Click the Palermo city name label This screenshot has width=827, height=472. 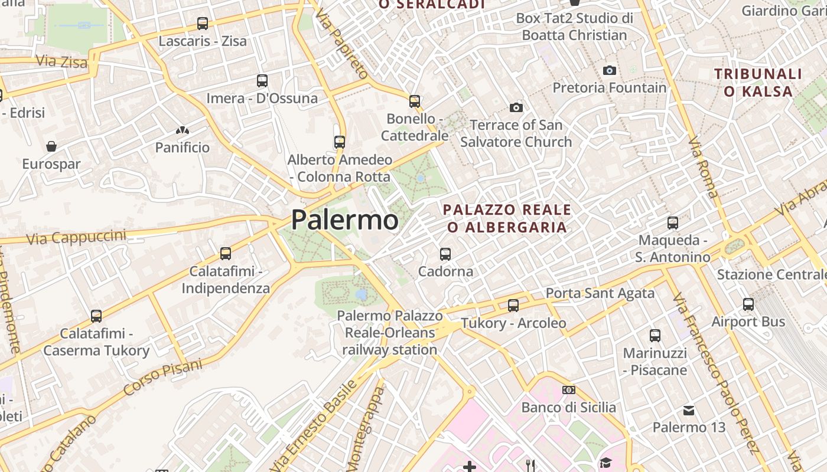[x=345, y=220]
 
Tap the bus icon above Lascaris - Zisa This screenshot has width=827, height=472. [x=203, y=24]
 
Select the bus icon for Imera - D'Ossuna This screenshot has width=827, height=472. [x=262, y=81]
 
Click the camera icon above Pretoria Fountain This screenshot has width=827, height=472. [x=610, y=71]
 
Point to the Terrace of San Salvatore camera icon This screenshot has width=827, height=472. [x=516, y=107]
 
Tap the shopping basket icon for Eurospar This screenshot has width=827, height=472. [x=51, y=146]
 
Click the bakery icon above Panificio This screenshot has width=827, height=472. [x=183, y=130]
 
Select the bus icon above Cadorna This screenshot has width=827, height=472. [x=445, y=254]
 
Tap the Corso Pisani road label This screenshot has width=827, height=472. [x=162, y=378]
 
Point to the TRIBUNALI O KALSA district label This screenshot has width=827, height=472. [x=758, y=83]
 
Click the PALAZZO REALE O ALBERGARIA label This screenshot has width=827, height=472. [x=507, y=218]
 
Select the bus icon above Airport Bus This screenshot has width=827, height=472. [x=748, y=304]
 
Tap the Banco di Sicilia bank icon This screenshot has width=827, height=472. [x=569, y=390]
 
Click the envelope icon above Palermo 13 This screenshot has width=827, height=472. [x=689, y=410]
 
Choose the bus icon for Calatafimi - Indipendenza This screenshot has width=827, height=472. [x=226, y=254]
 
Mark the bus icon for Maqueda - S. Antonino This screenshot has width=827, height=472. [x=673, y=223]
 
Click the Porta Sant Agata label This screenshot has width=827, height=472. [x=600, y=293]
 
